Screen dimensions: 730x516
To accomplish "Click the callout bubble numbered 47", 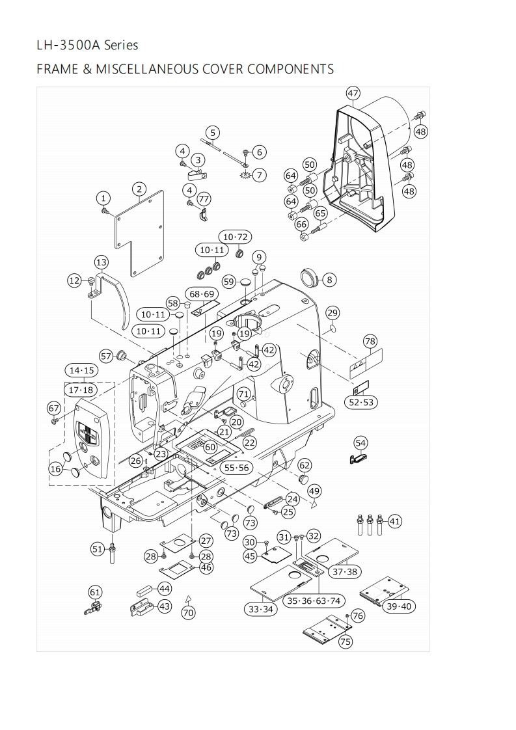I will click(x=353, y=93).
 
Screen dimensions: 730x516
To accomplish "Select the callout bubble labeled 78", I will click(x=370, y=341).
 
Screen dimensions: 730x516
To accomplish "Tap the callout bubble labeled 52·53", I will click(x=362, y=403).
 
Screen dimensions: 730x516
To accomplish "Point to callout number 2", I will click(x=139, y=189).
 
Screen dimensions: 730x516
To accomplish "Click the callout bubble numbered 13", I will click(x=101, y=262).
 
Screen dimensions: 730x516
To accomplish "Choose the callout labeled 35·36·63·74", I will click(x=314, y=601).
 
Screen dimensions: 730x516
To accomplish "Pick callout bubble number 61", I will click(x=95, y=591).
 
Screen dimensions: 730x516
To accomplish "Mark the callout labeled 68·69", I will click(x=202, y=294).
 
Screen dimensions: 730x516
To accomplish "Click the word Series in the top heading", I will click(x=121, y=45).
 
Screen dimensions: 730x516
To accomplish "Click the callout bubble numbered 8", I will click(x=329, y=280).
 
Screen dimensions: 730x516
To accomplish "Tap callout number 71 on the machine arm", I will click(x=243, y=394).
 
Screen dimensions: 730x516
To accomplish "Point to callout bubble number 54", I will click(x=360, y=443).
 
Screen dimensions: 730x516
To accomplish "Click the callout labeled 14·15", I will click(x=82, y=370).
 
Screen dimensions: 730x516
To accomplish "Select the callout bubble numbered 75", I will click(x=346, y=642).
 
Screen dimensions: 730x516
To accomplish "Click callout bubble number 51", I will click(x=98, y=549).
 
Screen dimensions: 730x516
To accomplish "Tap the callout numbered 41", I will click(x=395, y=521).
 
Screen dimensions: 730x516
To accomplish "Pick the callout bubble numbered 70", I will click(x=188, y=612).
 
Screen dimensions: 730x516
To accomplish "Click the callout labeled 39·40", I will click(x=400, y=606).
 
